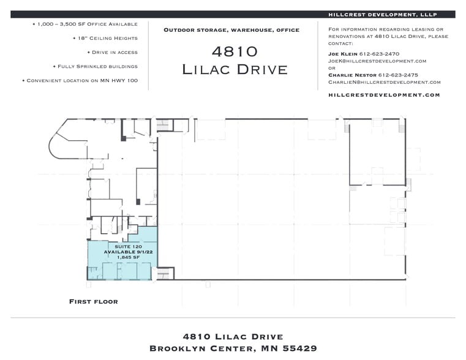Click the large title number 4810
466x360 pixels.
pos(235,51)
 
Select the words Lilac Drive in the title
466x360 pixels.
pos(235,69)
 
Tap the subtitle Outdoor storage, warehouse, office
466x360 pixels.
pos(231,29)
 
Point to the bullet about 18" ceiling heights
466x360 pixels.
pos(105,38)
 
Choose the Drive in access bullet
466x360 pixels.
pos(112,52)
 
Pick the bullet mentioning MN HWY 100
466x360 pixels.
pos(80,80)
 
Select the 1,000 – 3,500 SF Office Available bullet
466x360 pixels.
pos(85,24)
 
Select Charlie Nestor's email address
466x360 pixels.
pos(385,81)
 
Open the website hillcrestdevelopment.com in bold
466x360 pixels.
pos(384,95)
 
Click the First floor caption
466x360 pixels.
pos(93,301)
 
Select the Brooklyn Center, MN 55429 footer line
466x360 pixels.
pos(233,348)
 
